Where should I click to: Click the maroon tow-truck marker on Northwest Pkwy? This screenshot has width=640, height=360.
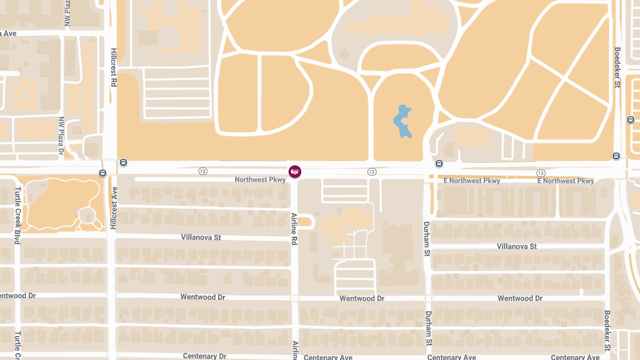pos(295,171)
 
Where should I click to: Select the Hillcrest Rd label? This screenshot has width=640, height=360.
pos(114,67)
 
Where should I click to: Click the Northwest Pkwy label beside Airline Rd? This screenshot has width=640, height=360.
pos(260,180)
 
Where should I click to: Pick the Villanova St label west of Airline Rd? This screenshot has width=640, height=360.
pos(201,237)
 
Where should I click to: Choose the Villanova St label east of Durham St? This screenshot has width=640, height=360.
pos(516,246)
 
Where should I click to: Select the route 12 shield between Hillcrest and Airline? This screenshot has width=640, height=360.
pos(203,171)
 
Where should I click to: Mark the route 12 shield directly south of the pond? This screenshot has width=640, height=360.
pos(372,172)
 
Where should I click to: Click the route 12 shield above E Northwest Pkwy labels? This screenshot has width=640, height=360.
pos(541,173)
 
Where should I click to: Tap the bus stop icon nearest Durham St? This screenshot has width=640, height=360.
pos(439,163)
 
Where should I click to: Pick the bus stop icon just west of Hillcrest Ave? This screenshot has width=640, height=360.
pos(102,173)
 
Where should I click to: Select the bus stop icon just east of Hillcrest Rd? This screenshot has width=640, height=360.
pos(124,163)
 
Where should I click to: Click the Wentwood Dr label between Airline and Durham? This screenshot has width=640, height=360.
pos(362,299)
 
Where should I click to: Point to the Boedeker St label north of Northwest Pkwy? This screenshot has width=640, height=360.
pos(617,67)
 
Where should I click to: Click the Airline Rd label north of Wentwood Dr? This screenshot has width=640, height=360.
pos(294,228)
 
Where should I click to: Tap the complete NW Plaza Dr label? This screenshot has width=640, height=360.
pos(61,138)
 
